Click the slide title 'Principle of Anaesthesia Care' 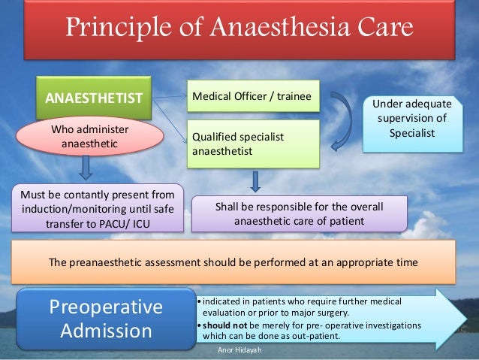tap(239, 29)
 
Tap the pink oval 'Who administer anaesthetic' tap(89, 137)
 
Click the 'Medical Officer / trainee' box tap(255, 96)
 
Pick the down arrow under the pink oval tap(88, 166)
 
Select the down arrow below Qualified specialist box tap(255, 180)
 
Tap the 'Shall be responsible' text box tap(300, 213)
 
